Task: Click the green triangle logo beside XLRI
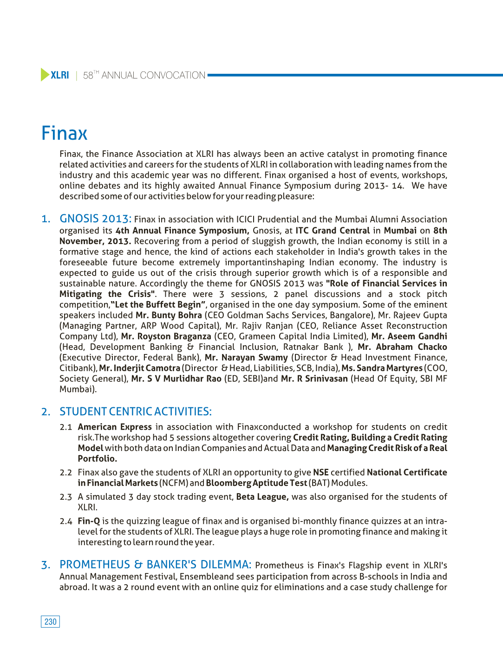(45, 75)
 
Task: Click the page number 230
(51, 622)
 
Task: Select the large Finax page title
(65, 134)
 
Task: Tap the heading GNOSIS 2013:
(95, 219)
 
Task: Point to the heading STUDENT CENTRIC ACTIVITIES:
(135, 412)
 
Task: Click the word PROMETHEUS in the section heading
(95, 565)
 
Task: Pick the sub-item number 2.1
(66, 427)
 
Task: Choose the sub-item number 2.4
(66, 521)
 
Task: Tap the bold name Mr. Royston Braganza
(166, 336)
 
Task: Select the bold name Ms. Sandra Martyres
(382, 368)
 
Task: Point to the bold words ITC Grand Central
(333, 231)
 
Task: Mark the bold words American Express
(115, 427)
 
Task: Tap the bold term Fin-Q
(89, 521)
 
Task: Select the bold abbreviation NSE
(321, 472)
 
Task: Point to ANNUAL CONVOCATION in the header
(153, 75)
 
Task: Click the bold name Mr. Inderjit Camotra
(139, 368)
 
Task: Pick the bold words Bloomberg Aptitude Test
(256, 483)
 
